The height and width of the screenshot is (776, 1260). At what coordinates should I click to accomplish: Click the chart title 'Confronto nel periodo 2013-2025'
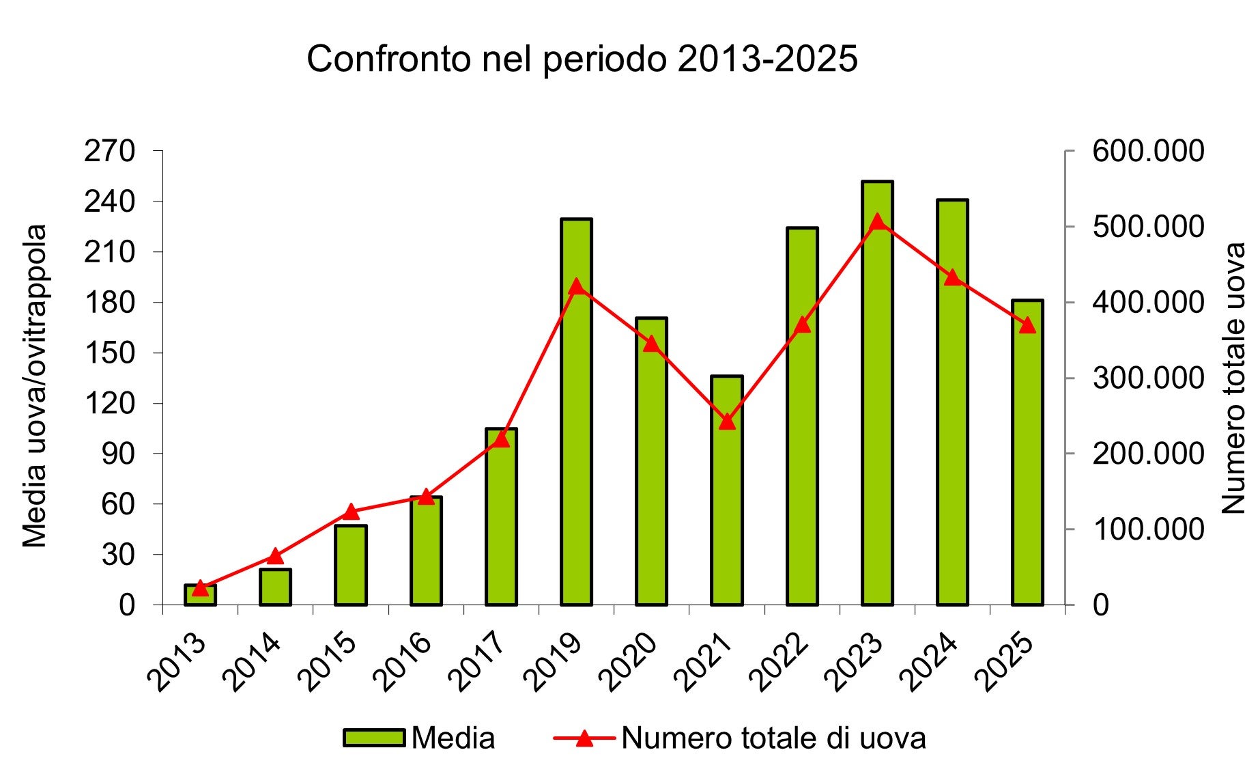[582, 59]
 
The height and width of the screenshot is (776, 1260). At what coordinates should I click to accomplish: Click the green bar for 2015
[351, 565]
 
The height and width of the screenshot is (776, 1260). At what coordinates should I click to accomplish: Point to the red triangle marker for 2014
[276, 555]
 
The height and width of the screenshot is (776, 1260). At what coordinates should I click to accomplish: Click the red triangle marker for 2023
[878, 221]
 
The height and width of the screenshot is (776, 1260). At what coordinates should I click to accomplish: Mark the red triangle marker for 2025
[1028, 325]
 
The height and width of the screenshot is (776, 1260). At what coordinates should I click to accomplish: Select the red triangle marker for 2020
[652, 343]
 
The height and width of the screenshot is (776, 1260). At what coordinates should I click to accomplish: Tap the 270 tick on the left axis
[109, 151]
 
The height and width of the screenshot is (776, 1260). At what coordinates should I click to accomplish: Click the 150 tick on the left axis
[109, 352]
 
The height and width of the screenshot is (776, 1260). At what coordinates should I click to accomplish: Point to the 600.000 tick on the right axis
[1148, 151]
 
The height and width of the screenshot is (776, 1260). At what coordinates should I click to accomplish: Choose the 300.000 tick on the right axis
[1148, 378]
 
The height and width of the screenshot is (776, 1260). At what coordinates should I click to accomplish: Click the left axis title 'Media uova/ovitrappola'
[34, 386]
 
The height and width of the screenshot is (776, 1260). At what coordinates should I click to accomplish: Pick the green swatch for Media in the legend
[374, 738]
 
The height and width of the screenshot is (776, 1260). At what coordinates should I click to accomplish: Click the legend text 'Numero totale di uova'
[773, 738]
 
